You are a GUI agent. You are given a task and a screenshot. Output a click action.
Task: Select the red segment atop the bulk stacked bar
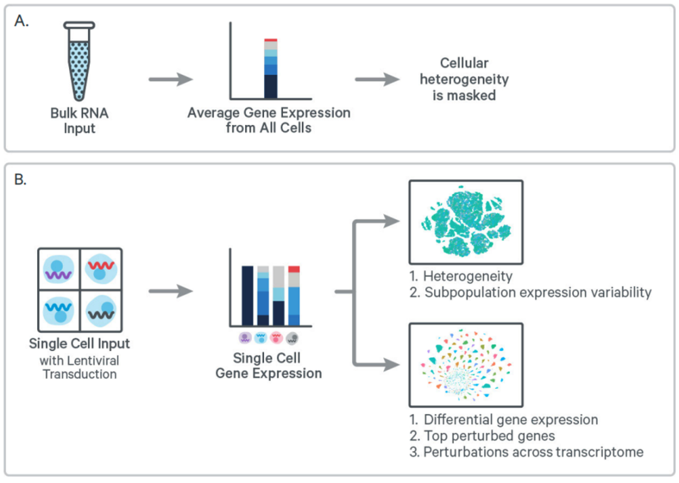click(270, 40)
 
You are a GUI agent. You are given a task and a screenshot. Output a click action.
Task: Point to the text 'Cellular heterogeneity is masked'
click(464, 79)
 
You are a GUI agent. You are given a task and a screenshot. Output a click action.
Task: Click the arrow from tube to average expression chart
click(170, 80)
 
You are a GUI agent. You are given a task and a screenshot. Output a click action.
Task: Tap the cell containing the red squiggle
click(101, 268)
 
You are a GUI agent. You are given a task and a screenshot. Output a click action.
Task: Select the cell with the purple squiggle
click(58, 269)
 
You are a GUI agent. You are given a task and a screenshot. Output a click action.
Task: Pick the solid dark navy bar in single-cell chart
click(248, 295)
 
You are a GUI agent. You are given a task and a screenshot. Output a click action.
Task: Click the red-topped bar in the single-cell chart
click(294, 295)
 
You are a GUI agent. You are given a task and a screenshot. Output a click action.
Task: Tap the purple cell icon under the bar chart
click(245, 338)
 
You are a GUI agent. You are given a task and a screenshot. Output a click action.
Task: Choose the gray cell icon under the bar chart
click(292, 338)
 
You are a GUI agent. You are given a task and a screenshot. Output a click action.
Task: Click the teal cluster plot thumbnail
click(466, 222)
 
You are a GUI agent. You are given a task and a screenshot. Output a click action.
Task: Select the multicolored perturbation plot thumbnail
click(466, 364)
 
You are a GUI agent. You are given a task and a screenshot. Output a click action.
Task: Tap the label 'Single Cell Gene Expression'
click(268, 366)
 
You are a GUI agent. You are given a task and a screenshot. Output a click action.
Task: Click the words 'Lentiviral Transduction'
click(79, 367)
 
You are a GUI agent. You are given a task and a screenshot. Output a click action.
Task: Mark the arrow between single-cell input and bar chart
click(170, 291)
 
